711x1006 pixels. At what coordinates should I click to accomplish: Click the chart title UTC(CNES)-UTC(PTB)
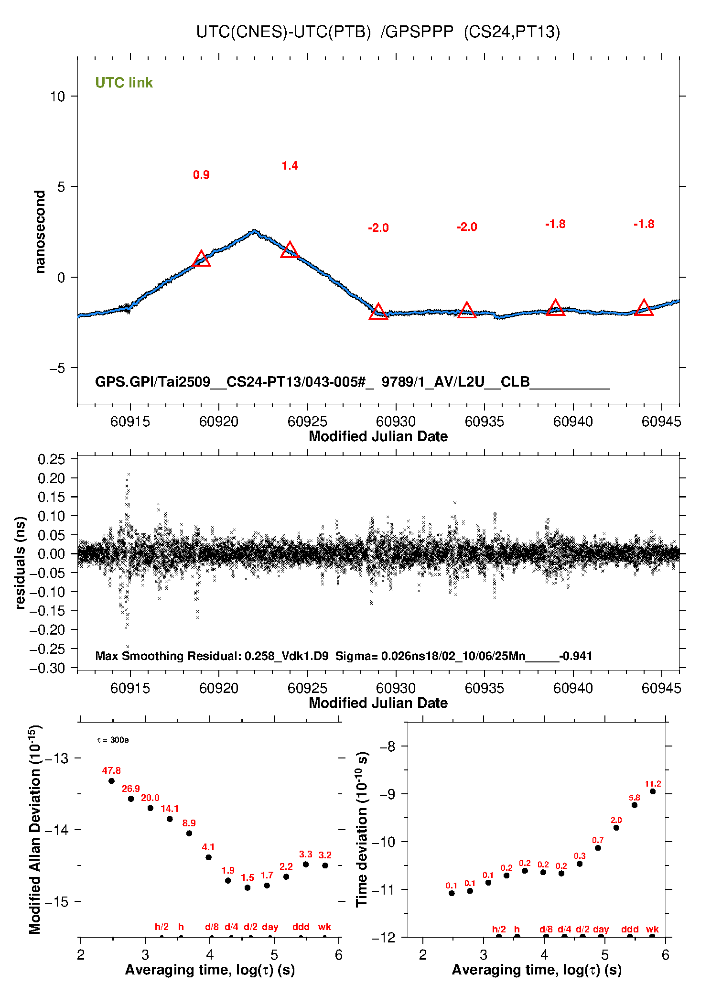(283, 32)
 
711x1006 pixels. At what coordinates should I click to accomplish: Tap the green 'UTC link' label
(124, 83)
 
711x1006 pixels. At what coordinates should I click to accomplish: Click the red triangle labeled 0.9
(201, 259)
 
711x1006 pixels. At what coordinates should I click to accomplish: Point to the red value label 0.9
(201, 175)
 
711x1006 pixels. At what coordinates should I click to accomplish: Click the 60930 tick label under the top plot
(396, 422)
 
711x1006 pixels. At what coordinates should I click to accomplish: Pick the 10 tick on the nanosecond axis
(57, 97)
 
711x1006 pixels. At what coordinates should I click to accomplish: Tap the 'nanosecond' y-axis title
(40, 232)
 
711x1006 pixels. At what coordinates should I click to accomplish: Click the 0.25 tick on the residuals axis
(51, 459)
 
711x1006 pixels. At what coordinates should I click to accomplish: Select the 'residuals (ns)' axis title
(20, 562)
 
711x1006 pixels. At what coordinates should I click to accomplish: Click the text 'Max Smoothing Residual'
(167, 656)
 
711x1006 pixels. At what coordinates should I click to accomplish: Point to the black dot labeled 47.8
(111, 781)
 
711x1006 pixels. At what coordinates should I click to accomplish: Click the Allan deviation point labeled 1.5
(248, 887)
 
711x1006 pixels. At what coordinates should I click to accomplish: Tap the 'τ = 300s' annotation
(113, 740)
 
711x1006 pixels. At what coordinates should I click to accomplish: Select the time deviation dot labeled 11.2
(653, 791)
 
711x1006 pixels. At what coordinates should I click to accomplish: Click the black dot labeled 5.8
(635, 805)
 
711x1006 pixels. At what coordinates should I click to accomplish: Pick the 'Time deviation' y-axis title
(362, 830)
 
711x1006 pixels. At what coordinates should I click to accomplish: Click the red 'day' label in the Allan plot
(270, 927)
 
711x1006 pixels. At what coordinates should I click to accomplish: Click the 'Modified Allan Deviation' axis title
(34, 830)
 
